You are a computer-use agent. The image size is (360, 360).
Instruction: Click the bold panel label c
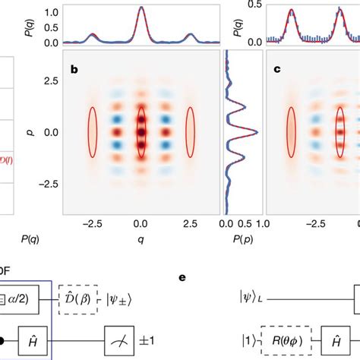[278, 70]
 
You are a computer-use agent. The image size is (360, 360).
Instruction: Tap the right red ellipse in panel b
[191, 133]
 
